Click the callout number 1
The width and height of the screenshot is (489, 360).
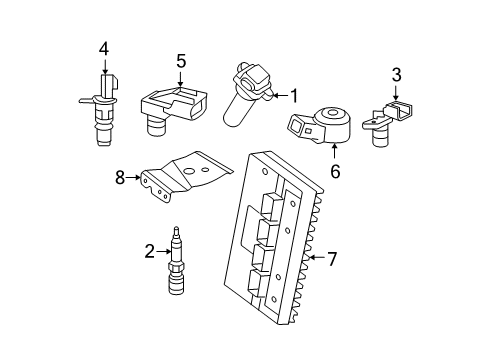pyautogui.click(x=295, y=95)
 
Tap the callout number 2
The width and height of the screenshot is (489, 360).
pyautogui.click(x=150, y=251)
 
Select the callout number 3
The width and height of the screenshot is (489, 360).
pyautogui.click(x=396, y=73)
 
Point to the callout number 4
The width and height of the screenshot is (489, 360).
pyautogui.click(x=103, y=47)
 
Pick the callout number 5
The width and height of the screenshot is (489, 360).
pyautogui.click(x=181, y=61)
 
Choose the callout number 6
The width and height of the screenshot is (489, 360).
pyautogui.click(x=335, y=171)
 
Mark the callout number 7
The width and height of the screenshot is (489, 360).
pyautogui.click(x=332, y=259)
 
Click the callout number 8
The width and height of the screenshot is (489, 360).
pyautogui.click(x=120, y=178)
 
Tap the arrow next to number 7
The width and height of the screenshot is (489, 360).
pyautogui.click(x=314, y=259)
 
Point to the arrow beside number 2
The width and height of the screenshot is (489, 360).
pyautogui.click(x=165, y=251)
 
